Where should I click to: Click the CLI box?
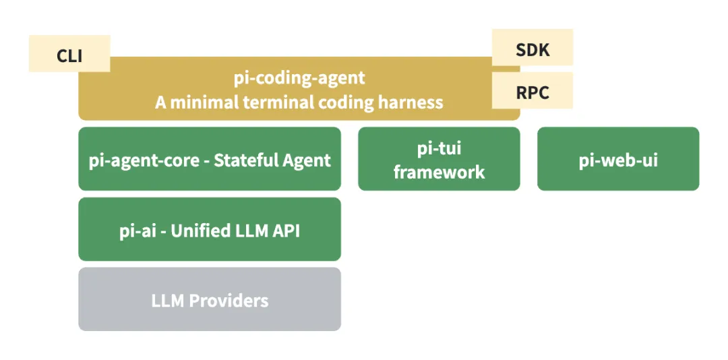pyautogui.click(x=69, y=54)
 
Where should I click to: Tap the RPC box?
pyautogui.click(x=533, y=91)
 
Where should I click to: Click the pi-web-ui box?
pyautogui.click(x=618, y=160)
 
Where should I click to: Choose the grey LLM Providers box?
pyautogui.click(x=210, y=299)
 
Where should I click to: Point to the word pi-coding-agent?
pyautogui.click(x=299, y=78)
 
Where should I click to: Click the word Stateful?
pyautogui.click(x=246, y=160)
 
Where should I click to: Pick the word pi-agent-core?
pyautogui.click(x=144, y=160)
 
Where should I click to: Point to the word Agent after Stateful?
pyautogui.click(x=307, y=160)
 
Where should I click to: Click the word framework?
pyautogui.click(x=439, y=171)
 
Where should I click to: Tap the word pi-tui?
pyautogui.click(x=439, y=148)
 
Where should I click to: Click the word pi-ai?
pyautogui.click(x=138, y=230)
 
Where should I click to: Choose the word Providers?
pyautogui.click(x=229, y=300)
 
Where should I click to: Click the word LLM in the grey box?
pyautogui.click(x=168, y=300)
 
